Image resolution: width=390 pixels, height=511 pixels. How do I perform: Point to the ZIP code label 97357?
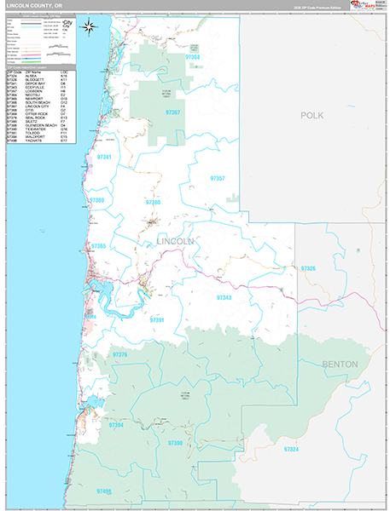pyautogui.click(x=218, y=178)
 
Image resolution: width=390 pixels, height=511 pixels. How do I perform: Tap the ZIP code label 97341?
pyautogui.click(x=105, y=158)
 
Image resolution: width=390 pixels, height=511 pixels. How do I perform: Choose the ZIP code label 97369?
pyautogui.click(x=96, y=201)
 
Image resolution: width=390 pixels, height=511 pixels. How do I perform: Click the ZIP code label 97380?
pyautogui.click(x=153, y=203)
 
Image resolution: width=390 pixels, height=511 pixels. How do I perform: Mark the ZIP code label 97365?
pyautogui.click(x=98, y=246)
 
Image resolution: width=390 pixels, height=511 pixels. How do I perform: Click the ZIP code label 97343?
pyautogui.click(x=224, y=297)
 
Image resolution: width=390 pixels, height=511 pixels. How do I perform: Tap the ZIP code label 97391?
pyautogui.click(x=157, y=320)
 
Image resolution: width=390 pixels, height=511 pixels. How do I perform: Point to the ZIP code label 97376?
pyautogui.click(x=119, y=354)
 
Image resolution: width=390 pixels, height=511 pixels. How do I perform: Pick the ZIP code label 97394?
pyautogui.click(x=116, y=425)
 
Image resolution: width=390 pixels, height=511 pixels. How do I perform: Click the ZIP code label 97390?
pyautogui.click(x=175, y=443)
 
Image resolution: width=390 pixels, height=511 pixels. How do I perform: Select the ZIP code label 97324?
pyautogui.click(x=292, y=448)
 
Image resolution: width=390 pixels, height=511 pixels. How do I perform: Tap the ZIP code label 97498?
pyautogui.click(x=105, y=491)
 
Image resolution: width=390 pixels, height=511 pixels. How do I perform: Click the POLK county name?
pyautogui.click(x=313, y=113)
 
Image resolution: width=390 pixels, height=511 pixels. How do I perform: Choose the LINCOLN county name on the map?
pyautogui.click(x=176, y=242)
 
